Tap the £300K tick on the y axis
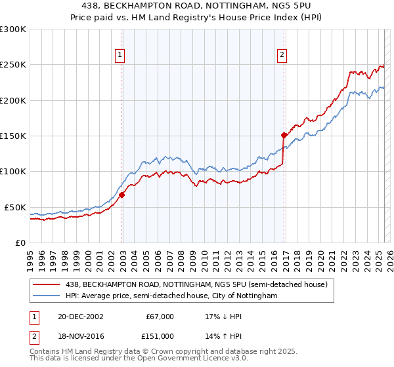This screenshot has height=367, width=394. point(13,29)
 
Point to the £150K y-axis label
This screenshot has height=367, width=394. point(13,136)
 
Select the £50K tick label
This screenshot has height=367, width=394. point(15,207)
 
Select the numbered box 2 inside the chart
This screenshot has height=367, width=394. point(282,56)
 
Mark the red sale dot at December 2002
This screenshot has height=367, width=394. point(122,195)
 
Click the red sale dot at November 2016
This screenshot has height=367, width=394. point(284,136)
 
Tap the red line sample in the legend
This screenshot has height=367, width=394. point(47,284)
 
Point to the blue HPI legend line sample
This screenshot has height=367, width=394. point(47,296)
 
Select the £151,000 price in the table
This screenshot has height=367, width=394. point(160,336)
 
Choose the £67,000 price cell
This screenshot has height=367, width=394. point(160,317)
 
